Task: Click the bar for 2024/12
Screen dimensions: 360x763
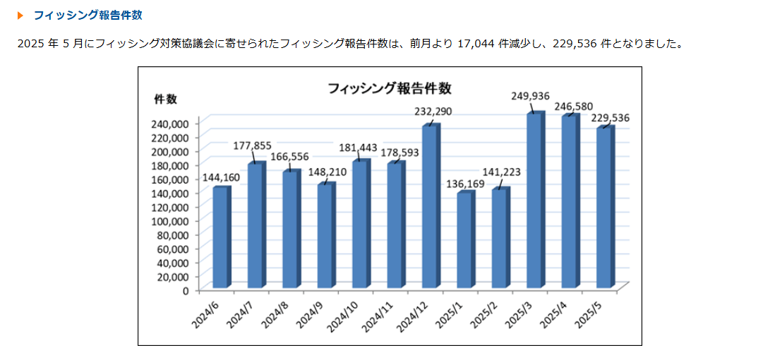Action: coord(431,206)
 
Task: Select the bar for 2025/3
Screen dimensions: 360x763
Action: coord(535,200)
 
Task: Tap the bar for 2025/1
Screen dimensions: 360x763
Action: coord(465,240)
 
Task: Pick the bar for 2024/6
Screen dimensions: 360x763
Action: coord(221,237)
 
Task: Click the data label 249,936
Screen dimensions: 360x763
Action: coord(530,96)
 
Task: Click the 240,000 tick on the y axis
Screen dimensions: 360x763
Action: coord(171,123)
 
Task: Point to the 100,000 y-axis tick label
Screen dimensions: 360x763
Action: coord(171,220)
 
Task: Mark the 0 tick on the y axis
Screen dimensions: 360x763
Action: coord(186,290)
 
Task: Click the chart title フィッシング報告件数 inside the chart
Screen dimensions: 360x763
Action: coord(389,88)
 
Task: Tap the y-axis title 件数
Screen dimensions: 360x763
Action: coord(165,99)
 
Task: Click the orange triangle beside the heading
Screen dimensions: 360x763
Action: coord(20,15)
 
